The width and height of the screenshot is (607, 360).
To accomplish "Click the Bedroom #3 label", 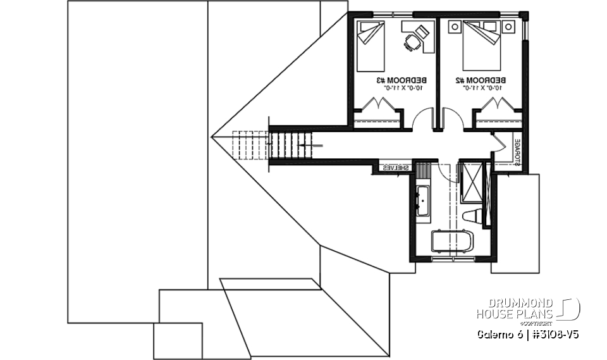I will click(402, 80).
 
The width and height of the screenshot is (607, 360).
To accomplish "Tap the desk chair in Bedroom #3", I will click(412, 42).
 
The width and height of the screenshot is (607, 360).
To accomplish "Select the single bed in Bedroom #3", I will click(371, 46).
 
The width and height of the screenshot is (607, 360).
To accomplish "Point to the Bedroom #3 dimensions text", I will click(402, 89).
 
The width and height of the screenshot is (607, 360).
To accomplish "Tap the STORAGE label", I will click(517, 152).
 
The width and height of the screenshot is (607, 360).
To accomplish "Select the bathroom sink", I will click(422, 201).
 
